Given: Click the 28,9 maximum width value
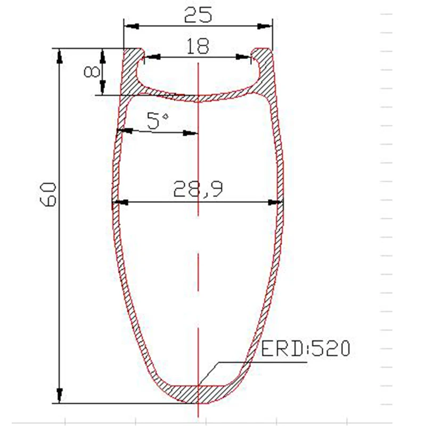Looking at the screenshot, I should click(x=198, y=189).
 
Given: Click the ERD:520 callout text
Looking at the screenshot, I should click(x=305, y=349).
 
